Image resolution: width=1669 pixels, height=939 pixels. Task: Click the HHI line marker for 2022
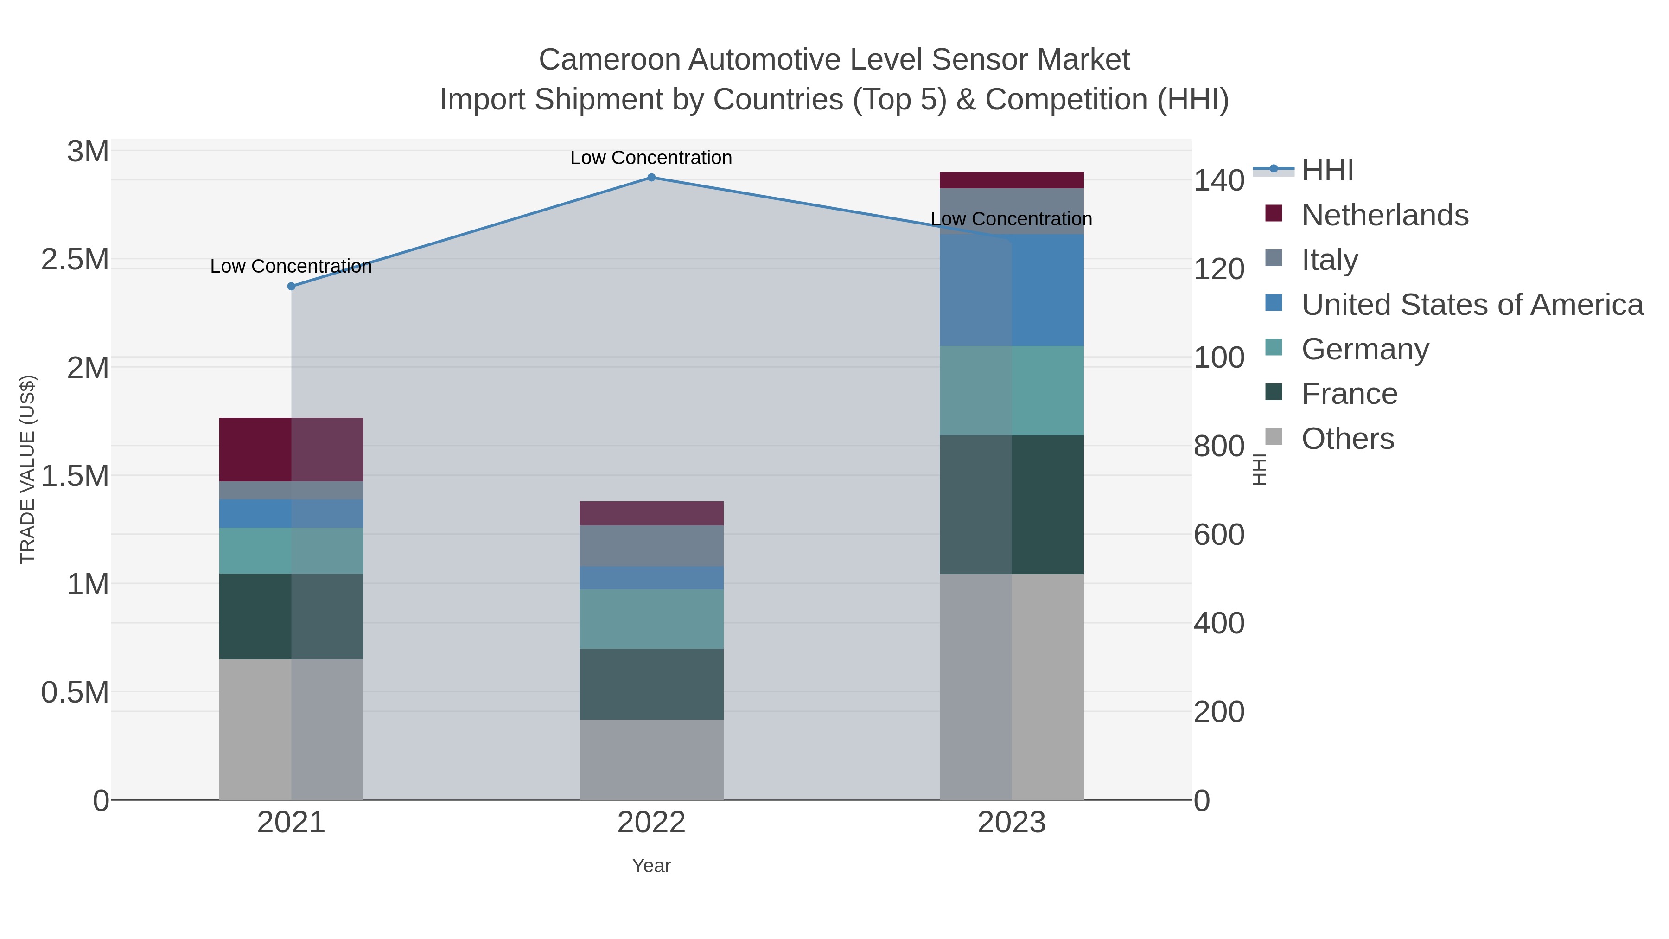click(x=651, y=178)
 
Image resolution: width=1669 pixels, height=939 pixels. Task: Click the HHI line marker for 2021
click(x=291, y=287)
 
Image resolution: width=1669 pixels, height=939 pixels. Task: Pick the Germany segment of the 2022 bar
click(x=651, y=619)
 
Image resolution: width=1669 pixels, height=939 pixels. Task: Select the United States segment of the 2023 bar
click(x=1012, y=290)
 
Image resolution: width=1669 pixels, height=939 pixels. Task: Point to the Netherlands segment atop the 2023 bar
click(x=1012, y=180)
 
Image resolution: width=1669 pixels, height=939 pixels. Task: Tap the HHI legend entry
click(x=1327, y=171)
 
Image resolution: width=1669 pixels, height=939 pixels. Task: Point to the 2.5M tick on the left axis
click(x=75, y=260)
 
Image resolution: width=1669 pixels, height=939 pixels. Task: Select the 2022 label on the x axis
click(x=651, y=823)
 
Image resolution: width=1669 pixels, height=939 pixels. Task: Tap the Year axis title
click(x=651, y=866)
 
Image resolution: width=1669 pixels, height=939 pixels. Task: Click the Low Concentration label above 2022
click(x=651, y=158)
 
